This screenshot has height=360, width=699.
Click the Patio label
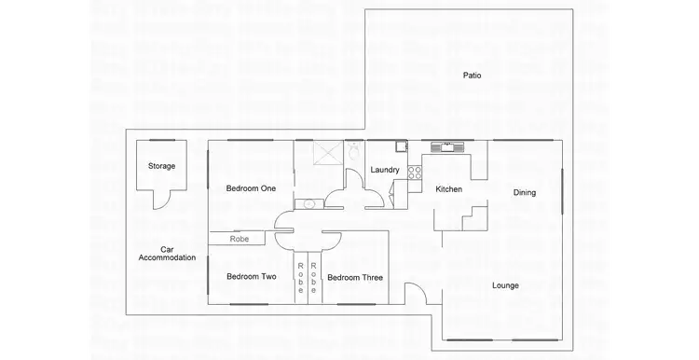coord(473,75)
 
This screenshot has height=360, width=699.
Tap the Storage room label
coord(161,166)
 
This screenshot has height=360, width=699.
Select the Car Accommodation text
coord(167,254)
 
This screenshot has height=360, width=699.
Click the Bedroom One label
coord(251,188)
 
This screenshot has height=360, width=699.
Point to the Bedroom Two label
coord(251,276)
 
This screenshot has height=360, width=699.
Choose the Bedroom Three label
coord(354,277)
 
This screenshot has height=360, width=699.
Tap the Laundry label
coord(385,170)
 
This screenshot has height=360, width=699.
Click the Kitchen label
coord(449,189)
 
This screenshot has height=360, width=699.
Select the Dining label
coord(525,193)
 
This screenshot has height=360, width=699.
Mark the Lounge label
coord(505,285)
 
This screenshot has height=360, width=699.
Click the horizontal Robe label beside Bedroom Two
coord(240,240)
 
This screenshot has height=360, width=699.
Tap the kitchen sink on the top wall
coord(447,145)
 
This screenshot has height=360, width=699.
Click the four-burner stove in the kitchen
coord(415,172)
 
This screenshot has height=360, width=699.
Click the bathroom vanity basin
coord(308,203)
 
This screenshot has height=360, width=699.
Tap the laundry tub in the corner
coord(400,145)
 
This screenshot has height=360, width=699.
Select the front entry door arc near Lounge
coord(417,295)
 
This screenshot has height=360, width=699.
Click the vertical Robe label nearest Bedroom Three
coord(314,277)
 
